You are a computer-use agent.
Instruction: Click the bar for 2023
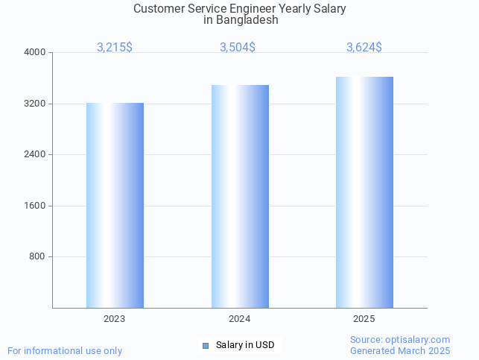[115, 205]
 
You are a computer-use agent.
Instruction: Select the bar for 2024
[240, 196]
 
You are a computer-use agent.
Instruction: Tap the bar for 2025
[364, 192]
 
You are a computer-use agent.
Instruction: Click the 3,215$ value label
[115, 47]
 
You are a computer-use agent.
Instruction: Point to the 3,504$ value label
[238, 47]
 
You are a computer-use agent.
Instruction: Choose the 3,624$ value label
[364, 47]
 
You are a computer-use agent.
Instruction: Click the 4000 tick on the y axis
[35, 53]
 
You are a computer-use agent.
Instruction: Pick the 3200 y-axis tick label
[35, 104]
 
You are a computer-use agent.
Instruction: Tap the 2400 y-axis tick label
[35, 155]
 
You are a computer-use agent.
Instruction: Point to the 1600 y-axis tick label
[35, 206]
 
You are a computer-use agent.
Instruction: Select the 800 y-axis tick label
[37, 257]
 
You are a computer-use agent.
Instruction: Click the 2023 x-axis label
[115, 319]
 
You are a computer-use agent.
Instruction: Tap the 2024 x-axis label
[240, 319]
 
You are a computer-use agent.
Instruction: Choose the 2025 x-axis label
[364, 319]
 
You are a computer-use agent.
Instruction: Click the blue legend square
[206, 345]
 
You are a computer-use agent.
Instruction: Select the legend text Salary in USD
[245, 345]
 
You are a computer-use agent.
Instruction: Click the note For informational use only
[65, 351]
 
